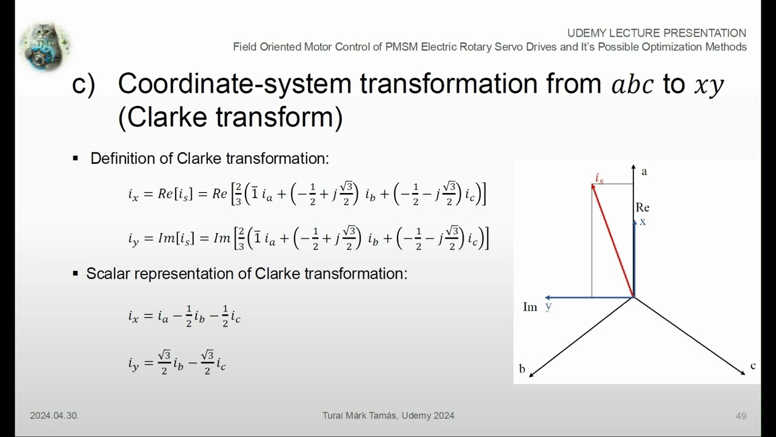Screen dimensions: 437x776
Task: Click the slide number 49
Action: [741, 416]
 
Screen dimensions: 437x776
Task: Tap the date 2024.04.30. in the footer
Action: [54, 416]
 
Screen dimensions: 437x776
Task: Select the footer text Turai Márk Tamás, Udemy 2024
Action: [388, 416]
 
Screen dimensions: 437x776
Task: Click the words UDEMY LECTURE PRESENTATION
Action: [657, 33]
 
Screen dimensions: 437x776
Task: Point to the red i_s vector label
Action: [599, 178]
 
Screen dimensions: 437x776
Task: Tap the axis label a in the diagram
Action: [644, 172]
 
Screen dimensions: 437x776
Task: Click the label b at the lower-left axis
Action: [522, 369]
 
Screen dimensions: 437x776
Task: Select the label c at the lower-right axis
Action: [753, 365]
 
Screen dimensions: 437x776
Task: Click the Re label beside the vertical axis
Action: [643, 208]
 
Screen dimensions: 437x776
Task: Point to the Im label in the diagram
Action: [530, 307]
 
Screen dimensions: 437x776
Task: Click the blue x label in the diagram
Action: [643, 222]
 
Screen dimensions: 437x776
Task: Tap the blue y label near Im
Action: [548, 307]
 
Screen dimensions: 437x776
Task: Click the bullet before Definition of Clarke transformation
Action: [76, 159]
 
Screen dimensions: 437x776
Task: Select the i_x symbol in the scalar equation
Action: [134, 316]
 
